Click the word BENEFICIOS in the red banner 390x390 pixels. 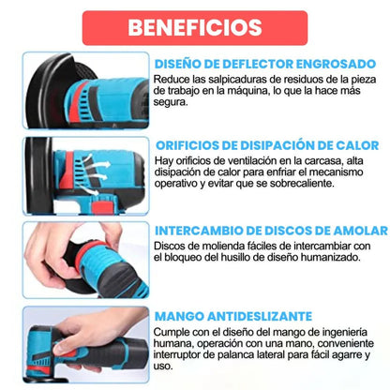196,26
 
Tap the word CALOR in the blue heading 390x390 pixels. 356,145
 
